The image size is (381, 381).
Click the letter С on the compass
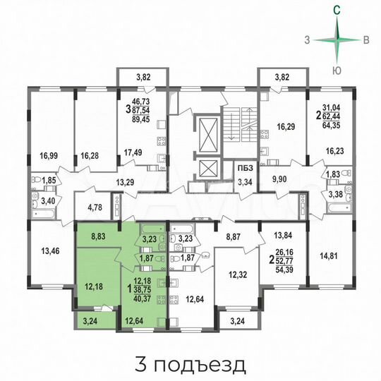coord(339,10)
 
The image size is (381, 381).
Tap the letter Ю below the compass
coord(339,70)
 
